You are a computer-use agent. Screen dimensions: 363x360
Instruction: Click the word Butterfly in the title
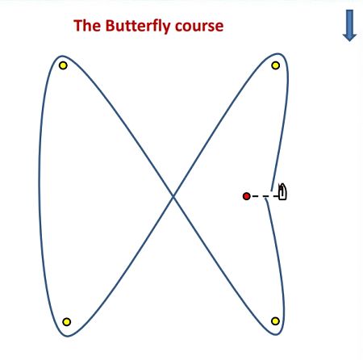point(138,27)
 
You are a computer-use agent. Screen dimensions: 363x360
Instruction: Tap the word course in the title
point(199,27)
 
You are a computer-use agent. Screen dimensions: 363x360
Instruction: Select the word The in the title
point(87,26)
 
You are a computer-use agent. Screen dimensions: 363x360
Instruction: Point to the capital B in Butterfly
point(111,26)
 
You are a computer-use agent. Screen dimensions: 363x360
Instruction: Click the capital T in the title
point(78,26)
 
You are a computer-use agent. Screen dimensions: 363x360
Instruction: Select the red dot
point(246,196)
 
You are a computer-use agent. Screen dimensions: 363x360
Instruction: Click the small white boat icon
point(282,192)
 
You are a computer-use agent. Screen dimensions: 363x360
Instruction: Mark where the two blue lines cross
point(173,196)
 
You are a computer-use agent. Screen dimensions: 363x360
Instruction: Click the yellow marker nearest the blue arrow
point(276,65)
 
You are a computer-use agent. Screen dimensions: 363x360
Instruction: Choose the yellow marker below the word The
point(63,65)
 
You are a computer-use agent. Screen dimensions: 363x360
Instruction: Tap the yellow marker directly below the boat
point(275,321)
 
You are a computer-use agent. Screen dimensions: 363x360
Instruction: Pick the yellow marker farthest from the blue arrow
point(67,322)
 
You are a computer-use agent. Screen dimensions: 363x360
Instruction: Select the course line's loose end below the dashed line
point(266,200)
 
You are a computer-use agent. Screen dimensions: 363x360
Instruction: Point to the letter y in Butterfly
point(166,28)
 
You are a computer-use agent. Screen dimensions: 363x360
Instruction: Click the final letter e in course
point(219,27)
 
